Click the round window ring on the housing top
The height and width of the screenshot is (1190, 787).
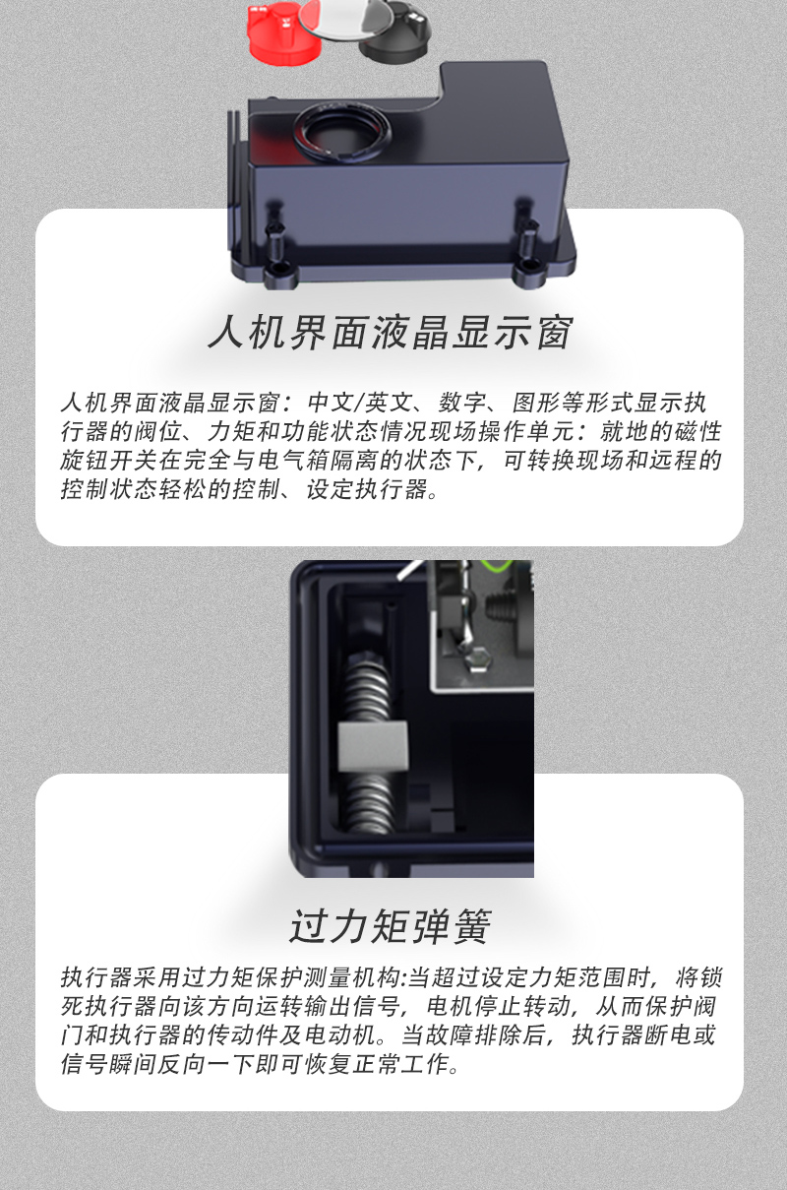pyautogui.click(x=341, y=131)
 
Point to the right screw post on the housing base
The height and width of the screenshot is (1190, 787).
pyautogui.click(x=527, y=242)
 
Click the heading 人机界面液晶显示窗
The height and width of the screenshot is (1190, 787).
pyautogui.click(x=391, y=333)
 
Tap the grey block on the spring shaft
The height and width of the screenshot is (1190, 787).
pyautogui.click(x=373, y=746)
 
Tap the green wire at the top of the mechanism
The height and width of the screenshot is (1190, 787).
pyautogui.click(x=497, y=566)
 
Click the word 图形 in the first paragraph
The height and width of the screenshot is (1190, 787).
pyautogui.click(x=536, y=403)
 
